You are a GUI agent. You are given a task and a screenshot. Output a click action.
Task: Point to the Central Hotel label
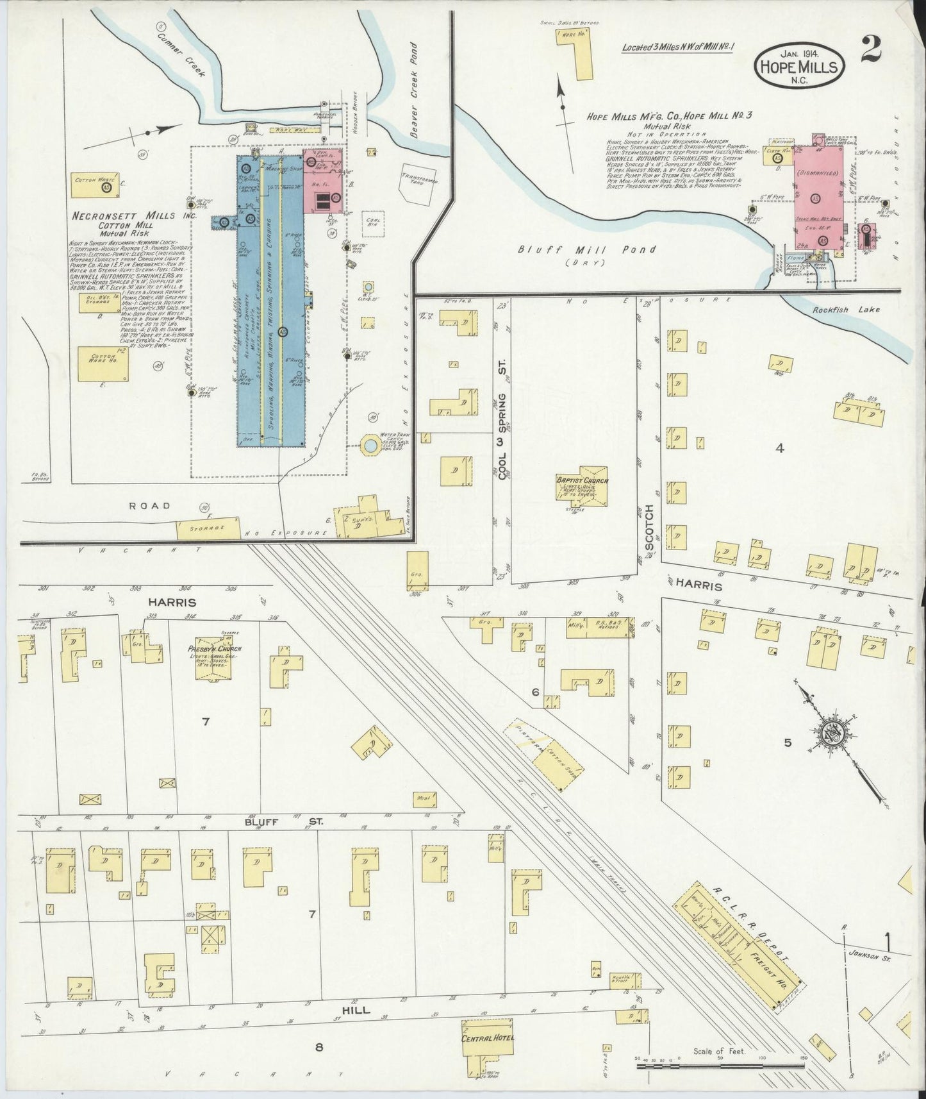coord(487,1037)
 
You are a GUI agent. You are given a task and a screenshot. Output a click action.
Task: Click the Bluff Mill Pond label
coord(586,249)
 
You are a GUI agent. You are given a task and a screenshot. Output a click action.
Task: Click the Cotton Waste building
coord(95,184)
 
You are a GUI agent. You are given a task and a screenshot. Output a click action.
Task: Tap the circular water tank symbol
coord(370,445)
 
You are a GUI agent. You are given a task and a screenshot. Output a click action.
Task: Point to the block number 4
coord(780,448)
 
